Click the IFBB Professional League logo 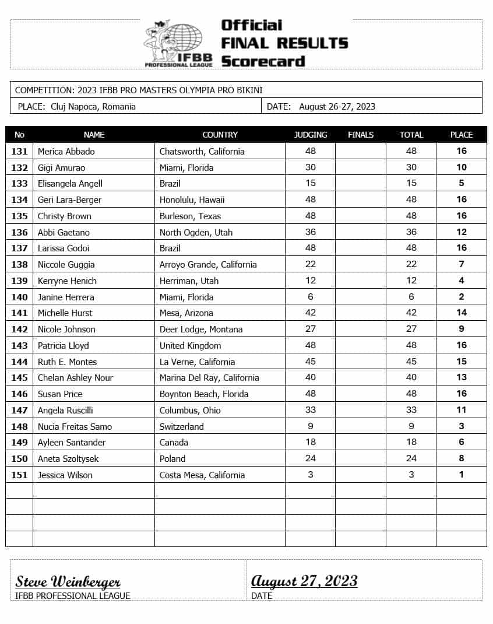[178, 44]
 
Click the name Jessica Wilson [65, 475]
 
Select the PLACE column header [461, 135]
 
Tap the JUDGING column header [310, 135]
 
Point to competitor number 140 [19, 297]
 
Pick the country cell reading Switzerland [182, 426]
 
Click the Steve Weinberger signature [68, 581]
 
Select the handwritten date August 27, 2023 [304, 581]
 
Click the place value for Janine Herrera [461, 297]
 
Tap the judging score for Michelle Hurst [310, 313]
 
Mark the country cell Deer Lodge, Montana [201, 329]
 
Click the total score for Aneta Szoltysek [411, 458]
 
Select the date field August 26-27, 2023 [337, 106]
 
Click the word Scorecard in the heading [263, 61]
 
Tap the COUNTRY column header [220, 135]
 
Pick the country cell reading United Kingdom [190, 345]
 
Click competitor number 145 [19, 377]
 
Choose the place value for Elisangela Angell [461, 183]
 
